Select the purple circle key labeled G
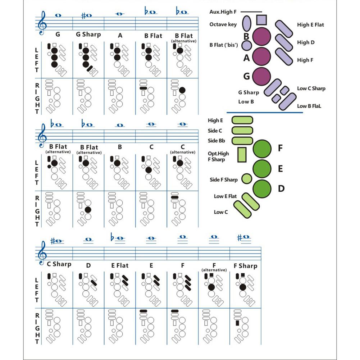click(261, 76)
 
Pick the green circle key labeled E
click(262, 168)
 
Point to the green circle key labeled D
click(262, 188)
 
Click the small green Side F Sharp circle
click(246, 178)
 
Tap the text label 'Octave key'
click(223, 24)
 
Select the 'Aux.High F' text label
click(223, 12)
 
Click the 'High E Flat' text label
click(310, 25)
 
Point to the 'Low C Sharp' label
click(311, 88)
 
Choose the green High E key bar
click(242, 120)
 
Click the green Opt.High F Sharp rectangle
click(242, 154)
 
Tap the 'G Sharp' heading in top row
click(88, 35)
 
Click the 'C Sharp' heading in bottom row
click(59, 264)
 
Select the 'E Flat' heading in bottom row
click(119, 266)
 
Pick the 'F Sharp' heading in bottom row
click(245, 266)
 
